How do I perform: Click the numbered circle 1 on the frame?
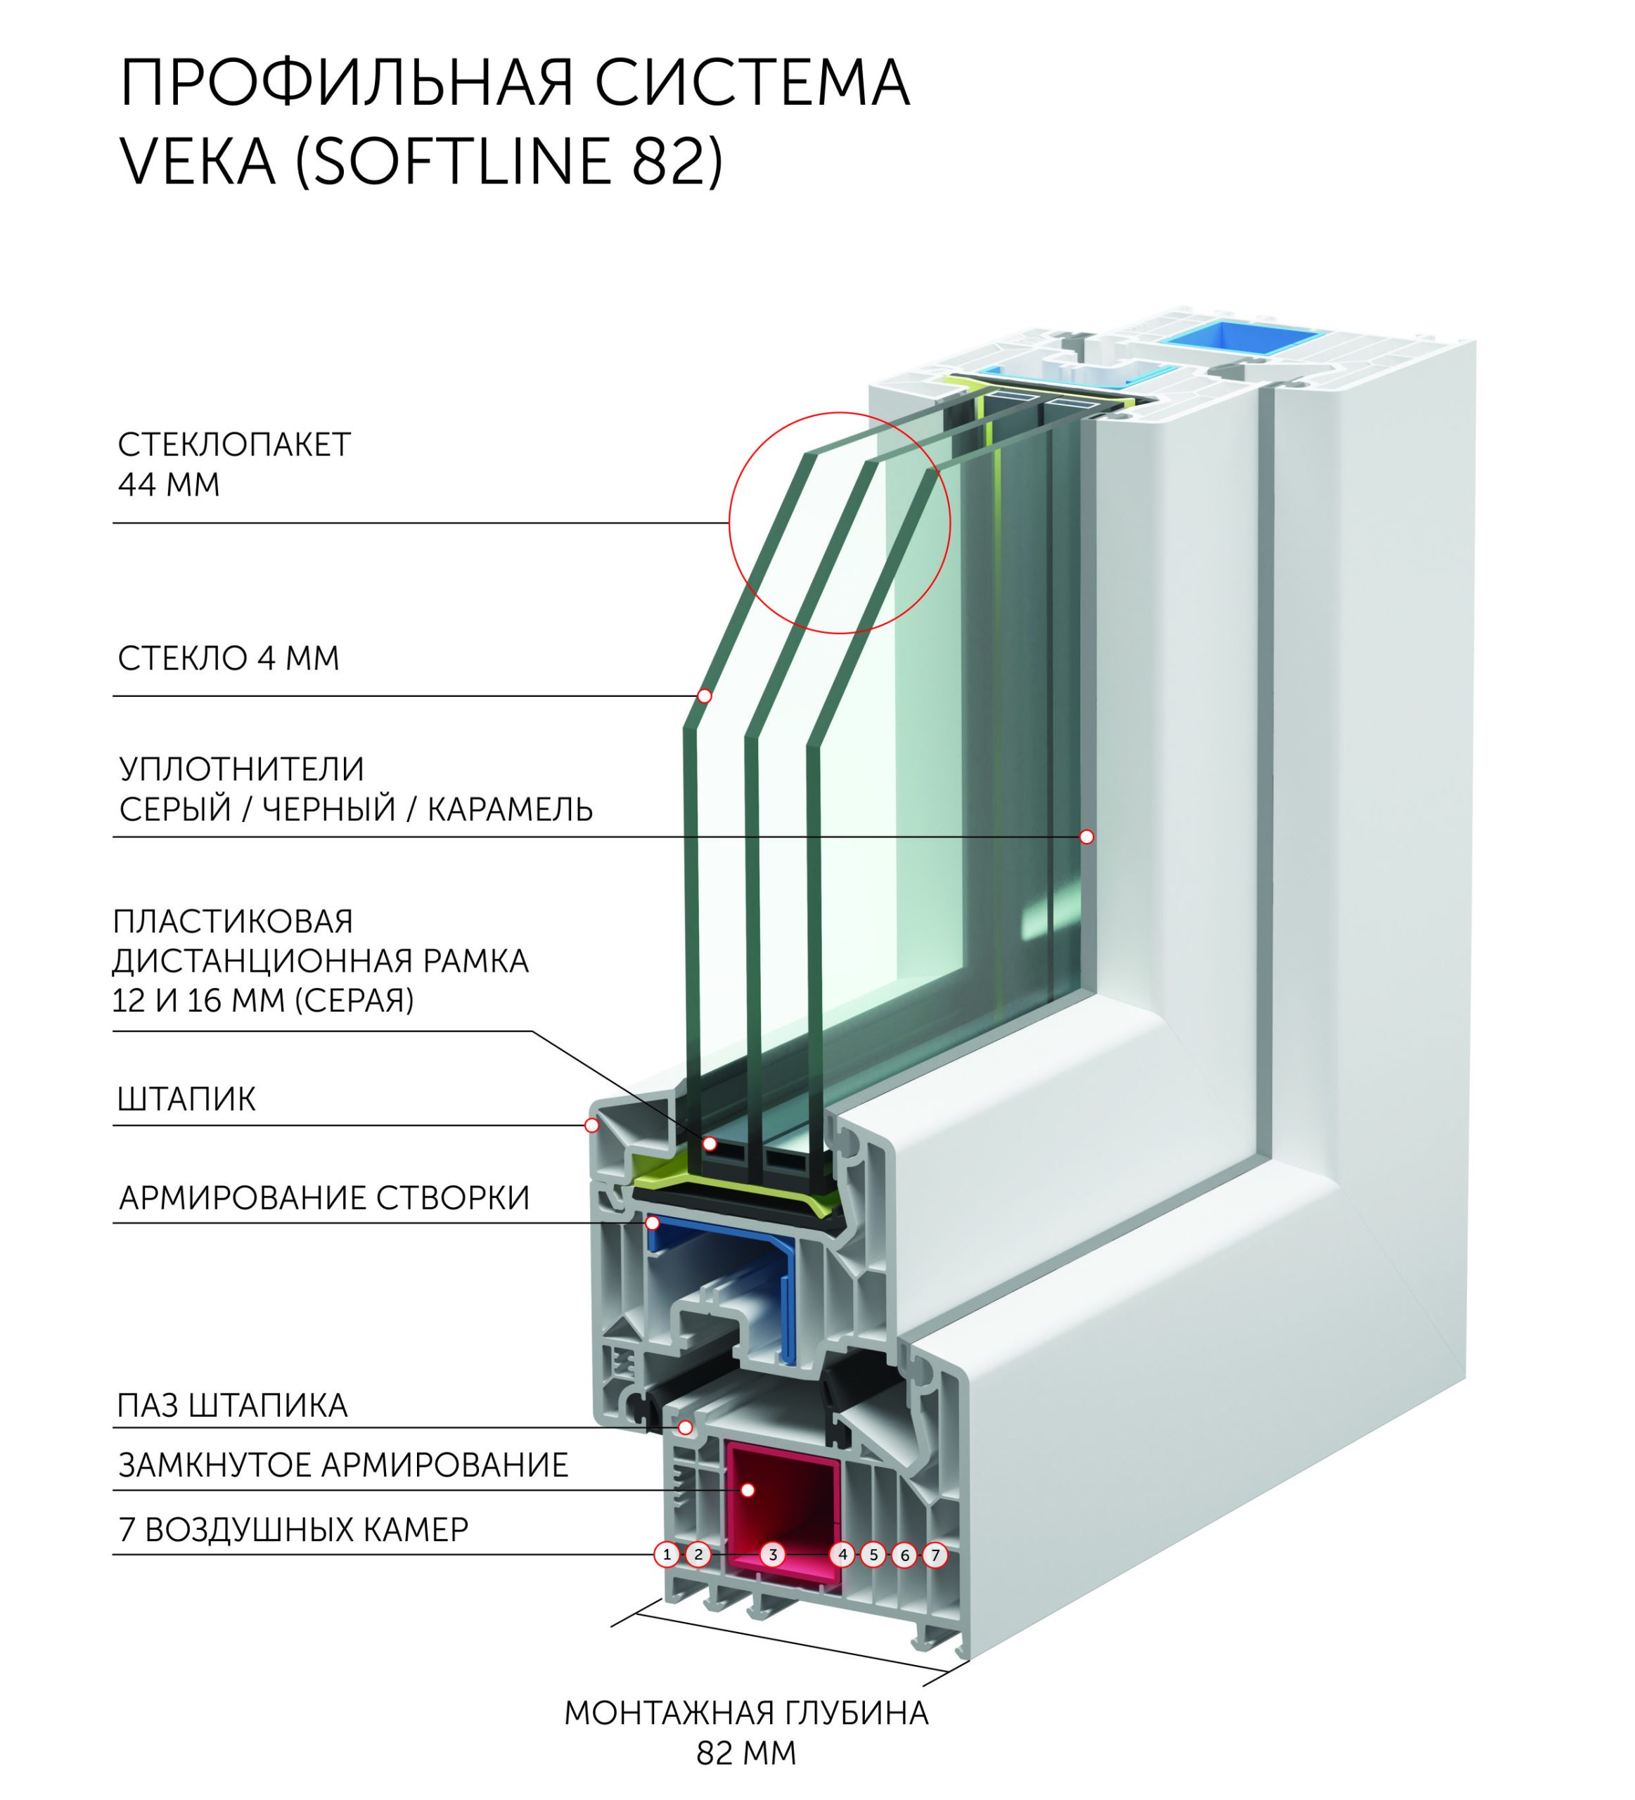click(666, 1555)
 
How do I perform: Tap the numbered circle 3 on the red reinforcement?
click(774, 1555)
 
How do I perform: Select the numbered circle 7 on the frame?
click(935, 1555)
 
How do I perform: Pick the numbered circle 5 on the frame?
click(873, 1555)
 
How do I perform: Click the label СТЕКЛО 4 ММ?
click(229, 659)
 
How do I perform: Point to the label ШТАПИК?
click(186, 1099)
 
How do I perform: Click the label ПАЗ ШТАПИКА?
click(232, 1406)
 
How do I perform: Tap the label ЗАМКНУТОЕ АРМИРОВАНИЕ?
click(344, 1465)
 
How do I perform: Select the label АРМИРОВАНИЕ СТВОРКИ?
click(324, 1198)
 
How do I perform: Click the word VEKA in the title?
click(198, 162)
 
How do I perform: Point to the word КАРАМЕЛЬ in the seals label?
click(510, 809)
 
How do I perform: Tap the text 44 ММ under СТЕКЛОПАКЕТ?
click(169, 485)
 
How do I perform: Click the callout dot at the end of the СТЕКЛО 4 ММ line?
click(705, 695)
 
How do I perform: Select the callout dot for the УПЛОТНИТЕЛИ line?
click(1086, 837)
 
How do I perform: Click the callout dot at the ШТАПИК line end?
click(591, 1126)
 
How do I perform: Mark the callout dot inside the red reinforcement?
click(748, 1490)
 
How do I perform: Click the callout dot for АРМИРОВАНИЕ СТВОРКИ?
click(653, 1222)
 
